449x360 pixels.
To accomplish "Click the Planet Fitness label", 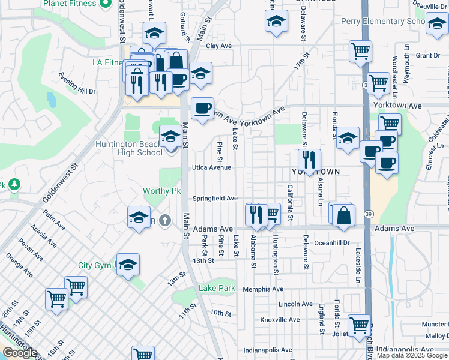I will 70,4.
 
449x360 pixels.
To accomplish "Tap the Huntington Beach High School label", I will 129,148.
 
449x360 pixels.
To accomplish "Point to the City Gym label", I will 94,265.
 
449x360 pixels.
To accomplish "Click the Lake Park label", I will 217,289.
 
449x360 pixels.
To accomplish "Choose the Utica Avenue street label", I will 211,167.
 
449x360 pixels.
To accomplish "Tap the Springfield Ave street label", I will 215,199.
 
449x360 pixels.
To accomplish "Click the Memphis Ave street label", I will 263,289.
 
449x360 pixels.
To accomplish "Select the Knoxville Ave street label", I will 280,320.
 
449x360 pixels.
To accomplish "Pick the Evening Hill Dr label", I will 77,84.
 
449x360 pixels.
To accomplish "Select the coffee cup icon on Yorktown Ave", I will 202,109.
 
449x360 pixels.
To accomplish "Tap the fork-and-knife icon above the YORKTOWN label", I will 309,160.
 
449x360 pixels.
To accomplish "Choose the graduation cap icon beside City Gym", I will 128,265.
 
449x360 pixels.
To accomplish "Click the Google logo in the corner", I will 19,353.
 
